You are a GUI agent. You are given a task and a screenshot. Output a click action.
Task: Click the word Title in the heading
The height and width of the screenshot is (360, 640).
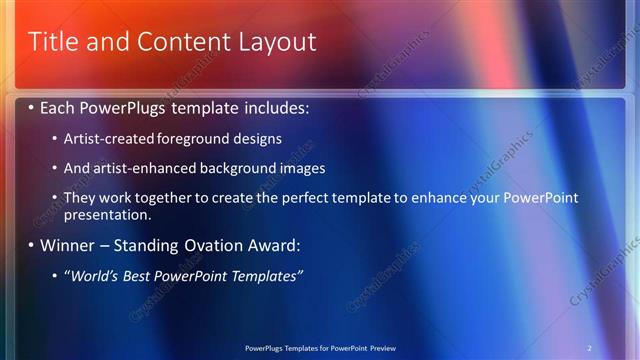click(x=52, y=42)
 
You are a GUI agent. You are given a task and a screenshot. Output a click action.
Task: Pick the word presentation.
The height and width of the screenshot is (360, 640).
click(x=107, y=215)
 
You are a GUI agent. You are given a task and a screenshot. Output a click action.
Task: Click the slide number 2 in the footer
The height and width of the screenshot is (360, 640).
click(x=590, y=347)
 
